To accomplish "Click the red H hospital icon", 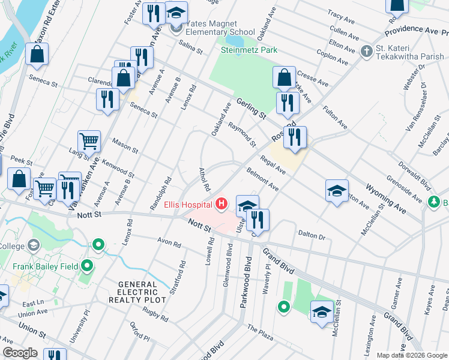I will coord(222,205).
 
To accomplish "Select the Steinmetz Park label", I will coord(249,50).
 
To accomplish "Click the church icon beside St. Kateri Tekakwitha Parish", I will coord(367,52).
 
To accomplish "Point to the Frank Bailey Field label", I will coord(44,265).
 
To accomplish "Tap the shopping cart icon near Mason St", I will coord(89,142).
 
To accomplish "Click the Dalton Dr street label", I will coord(311,235).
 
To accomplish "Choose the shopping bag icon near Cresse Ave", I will coord(284,77).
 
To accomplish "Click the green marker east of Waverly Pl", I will coord(283,308).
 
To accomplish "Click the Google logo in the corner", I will coord(20,353).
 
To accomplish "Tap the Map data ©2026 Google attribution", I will coord(411,355).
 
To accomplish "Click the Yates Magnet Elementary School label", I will coord(220,28).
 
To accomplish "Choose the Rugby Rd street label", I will coord(155,313).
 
